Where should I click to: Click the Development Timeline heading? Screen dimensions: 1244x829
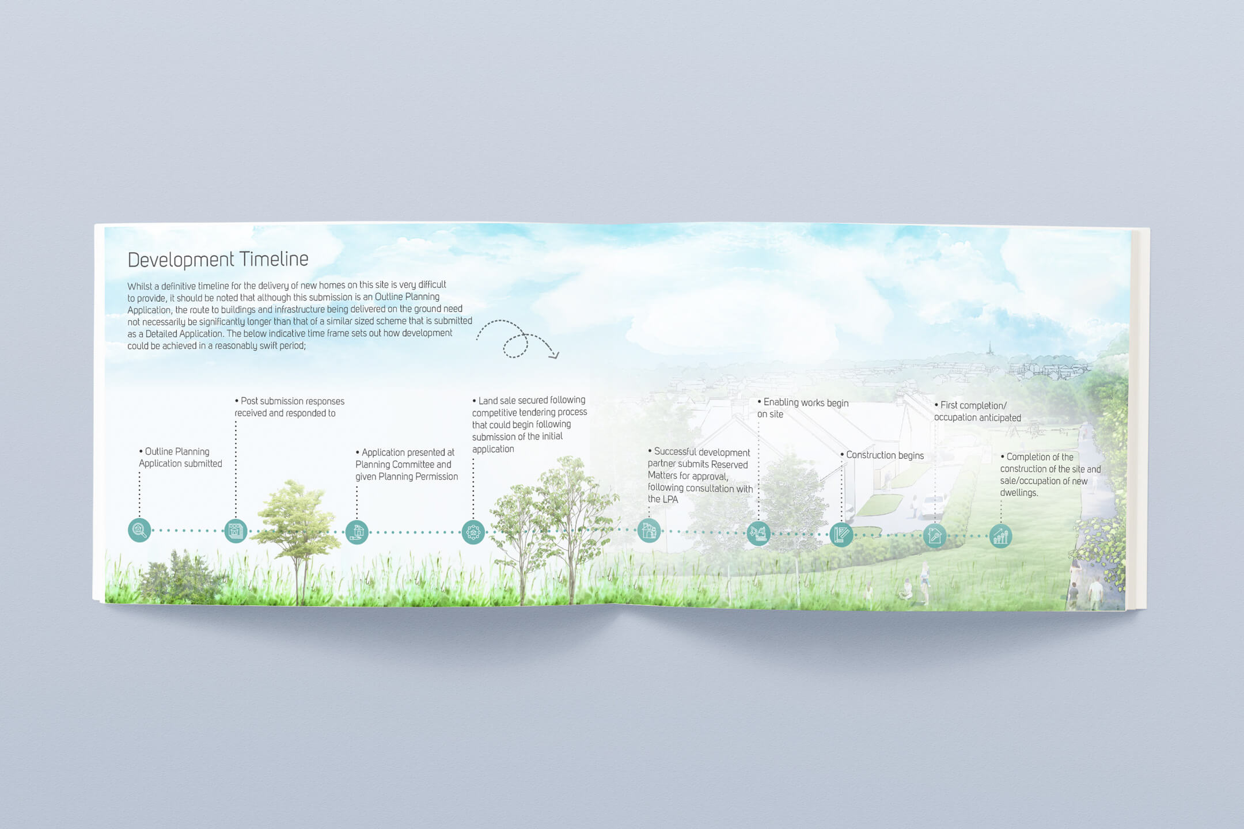[218, 260]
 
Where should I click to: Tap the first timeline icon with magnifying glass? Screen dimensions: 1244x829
[139, 530]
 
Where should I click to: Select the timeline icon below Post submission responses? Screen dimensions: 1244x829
[236, 531]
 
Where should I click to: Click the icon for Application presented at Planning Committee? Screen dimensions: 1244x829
[357, 532]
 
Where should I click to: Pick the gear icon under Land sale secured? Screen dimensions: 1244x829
[473, 533]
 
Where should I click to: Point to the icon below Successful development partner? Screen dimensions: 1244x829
[649, 531]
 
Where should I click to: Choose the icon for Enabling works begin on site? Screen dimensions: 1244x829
[758, 533]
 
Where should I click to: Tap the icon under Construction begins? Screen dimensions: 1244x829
[841, 535]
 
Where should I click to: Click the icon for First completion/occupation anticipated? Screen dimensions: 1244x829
[935, 536]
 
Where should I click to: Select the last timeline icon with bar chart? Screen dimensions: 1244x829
[1001, 537]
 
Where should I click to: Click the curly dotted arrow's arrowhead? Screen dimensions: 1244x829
[555, 355]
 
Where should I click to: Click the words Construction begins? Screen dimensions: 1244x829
[885, 455]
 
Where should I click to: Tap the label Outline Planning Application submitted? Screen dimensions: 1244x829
[180, 458]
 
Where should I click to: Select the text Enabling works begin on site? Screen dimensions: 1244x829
[803, 408]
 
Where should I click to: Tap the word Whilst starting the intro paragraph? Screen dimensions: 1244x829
[140, 286]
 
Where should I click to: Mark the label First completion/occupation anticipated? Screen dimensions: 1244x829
[977, 412]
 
